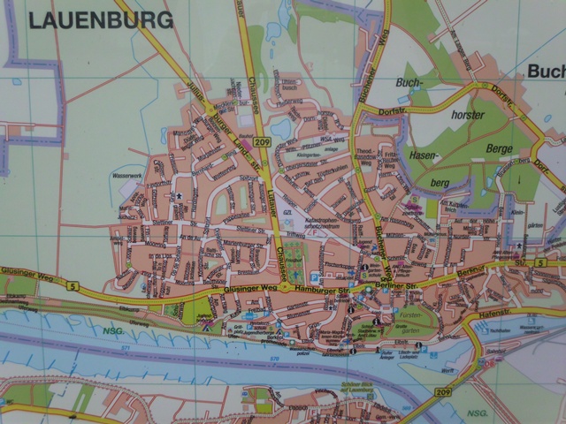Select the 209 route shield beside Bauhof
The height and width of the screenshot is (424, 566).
pos(259,142)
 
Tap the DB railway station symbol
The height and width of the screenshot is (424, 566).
pos(482,362)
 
